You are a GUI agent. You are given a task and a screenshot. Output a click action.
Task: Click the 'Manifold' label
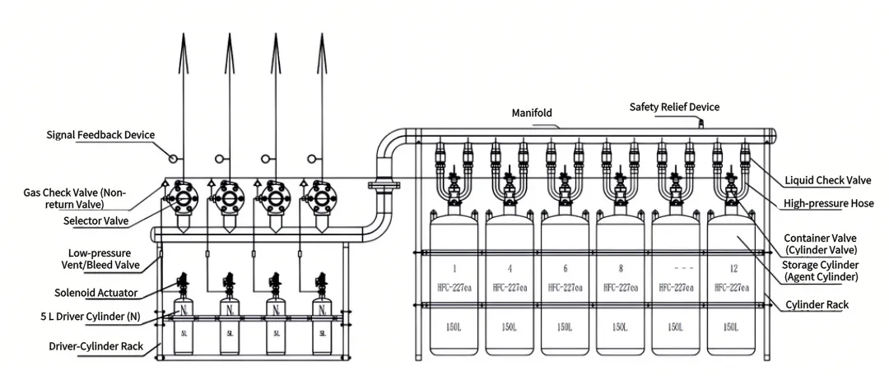(532, 113)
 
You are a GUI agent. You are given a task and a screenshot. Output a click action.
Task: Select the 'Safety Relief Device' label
(674, 107)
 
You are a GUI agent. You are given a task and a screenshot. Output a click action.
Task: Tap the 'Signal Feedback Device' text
(100, 135)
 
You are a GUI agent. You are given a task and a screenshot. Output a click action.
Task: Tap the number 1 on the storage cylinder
(454, 269)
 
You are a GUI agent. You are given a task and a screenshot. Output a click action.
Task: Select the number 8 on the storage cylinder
(621, 269)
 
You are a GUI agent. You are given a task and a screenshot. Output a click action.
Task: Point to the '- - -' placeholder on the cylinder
(677, 269)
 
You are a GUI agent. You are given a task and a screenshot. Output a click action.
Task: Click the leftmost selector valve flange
(182, 198)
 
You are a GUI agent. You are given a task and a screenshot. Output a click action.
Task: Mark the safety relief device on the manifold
(701, 123)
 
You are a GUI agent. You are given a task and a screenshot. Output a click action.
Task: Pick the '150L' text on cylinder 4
(510, 327)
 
